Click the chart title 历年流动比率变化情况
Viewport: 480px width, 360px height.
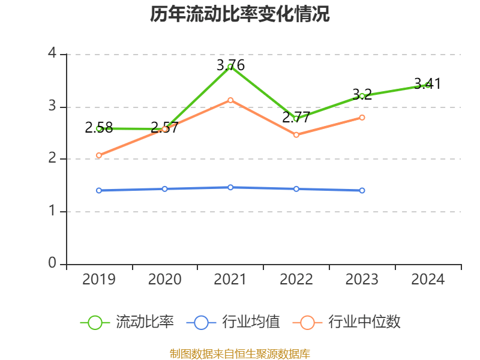point(240,14)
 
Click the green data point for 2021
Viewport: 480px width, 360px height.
point(230,66)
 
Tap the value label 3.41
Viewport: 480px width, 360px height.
point(427,83)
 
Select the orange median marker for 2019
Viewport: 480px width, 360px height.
point(99,155)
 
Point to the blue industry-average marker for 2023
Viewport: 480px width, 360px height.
point(362,190)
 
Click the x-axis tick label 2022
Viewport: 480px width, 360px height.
point(296,279)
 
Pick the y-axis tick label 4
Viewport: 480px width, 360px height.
point(53,54)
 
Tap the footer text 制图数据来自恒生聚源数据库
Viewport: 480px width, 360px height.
point(240,353)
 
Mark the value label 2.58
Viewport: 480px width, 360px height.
point(99,127)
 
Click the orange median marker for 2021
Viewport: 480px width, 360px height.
point(230,100)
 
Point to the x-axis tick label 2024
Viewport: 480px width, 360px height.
point(428,279)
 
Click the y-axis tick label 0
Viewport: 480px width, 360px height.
point(53,264)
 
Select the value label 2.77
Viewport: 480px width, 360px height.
point(296,117)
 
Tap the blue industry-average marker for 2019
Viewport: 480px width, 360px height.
point(99,190)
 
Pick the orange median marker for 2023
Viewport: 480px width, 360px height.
point(362,117)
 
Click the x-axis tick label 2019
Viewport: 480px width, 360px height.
point(99,279)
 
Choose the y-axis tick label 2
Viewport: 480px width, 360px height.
point(53,159)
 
